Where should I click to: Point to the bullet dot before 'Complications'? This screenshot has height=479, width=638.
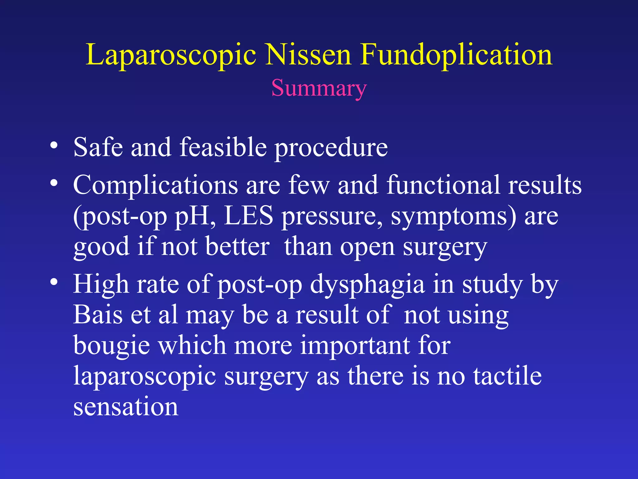click(54, 183)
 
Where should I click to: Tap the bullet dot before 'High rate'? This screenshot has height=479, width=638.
click(54, 282)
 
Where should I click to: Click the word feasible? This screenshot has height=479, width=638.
click(223, 147)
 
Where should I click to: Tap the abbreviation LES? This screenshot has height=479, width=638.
click(248, 216)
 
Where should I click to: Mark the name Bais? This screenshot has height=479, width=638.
click(98, 315)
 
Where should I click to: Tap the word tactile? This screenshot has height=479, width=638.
click(507, 376)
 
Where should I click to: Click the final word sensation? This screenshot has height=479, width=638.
click(126, 407)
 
